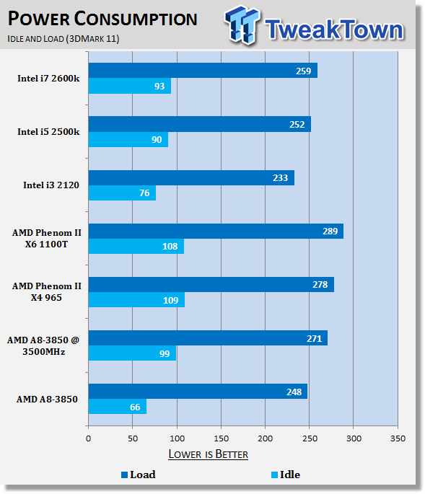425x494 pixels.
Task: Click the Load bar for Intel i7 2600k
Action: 203,70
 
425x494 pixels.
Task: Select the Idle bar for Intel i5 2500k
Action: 128,140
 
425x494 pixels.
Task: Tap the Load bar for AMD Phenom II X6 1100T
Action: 216,231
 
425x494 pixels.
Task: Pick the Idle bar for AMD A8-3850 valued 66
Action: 118,407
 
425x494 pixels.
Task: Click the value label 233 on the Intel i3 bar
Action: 280,178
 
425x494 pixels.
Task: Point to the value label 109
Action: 170,300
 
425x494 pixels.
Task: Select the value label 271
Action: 314,339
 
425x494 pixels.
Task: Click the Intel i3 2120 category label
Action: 51,185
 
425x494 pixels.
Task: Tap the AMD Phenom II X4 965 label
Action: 47,292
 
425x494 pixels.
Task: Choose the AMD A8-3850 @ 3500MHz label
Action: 43,345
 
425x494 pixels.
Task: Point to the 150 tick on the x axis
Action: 221,438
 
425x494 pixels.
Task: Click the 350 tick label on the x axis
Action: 398,438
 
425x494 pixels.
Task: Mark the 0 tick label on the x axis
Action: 88,438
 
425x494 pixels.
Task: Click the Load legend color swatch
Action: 125,475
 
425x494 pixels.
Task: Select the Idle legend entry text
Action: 290,475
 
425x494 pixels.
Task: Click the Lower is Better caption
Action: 208,454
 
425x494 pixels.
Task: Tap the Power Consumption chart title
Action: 102,19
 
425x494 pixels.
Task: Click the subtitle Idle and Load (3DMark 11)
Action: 63,39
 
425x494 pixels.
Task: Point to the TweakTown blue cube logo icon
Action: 242,25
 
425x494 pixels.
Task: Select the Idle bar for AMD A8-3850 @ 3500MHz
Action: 133,353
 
